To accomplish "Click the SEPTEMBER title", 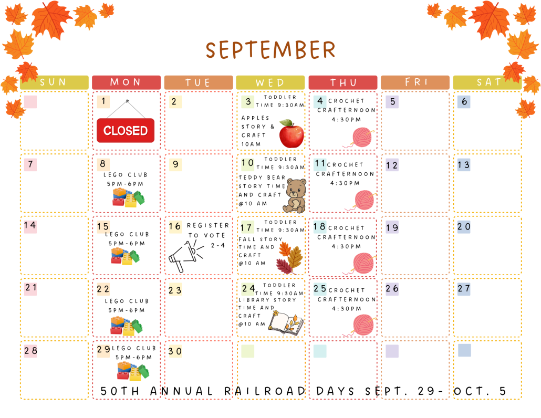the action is [270, 50].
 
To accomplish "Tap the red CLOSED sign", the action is [126, 130].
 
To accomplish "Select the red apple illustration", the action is [292, 133].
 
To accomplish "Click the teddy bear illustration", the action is [294, 195].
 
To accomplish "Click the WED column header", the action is [270, 83].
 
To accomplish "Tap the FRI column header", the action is [415, 82].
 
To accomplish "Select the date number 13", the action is [463, 165].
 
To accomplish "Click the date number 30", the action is [175, 351].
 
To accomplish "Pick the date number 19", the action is [392, 227].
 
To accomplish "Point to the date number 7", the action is [30, 164].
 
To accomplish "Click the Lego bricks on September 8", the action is [128, 197].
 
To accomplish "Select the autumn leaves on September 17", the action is [290, 257].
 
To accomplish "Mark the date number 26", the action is [392, 288].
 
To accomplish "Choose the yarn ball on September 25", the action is [361, 325].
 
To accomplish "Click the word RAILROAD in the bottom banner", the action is [265, 391].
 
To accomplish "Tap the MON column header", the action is [126, 82].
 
